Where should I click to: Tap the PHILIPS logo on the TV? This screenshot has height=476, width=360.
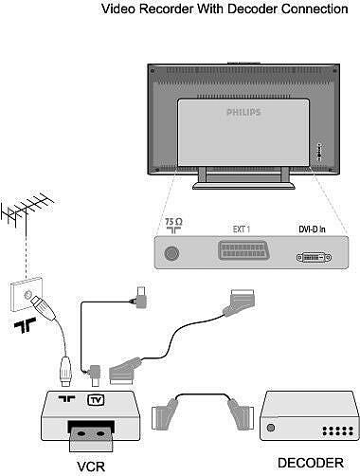248,110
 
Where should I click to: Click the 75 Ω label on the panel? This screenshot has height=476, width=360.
171,228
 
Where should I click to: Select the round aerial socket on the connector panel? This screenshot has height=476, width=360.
171,255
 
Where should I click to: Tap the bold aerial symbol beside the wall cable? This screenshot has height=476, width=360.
22,329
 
